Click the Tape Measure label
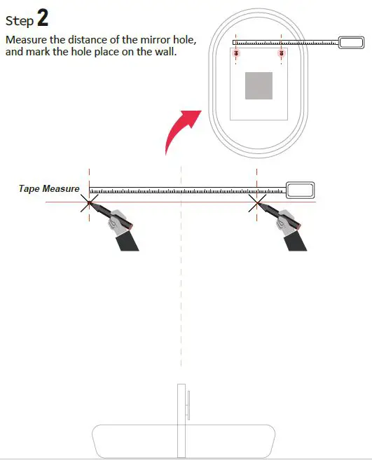tap(49, 189)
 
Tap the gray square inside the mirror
tap(259, 85)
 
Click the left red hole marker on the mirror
tap(236, 53)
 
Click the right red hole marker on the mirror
tap(281, 53)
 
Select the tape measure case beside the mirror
tap(350, 42)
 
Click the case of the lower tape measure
tap(300, 190)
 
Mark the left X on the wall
tap(89, 203)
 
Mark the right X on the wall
tap(257, 203)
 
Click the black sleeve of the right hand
tap(297, 239)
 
